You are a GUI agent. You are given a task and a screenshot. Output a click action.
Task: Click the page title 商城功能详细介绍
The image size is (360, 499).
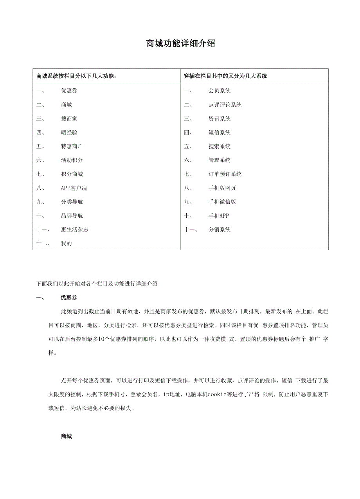tap(180, 44)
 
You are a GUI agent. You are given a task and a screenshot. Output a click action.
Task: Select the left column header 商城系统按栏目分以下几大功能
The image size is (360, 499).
tap(76, 76)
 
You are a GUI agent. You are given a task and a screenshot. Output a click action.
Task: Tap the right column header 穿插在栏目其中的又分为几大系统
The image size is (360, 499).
tap(226, 76)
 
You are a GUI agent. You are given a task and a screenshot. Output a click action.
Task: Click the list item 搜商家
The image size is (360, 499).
tap(69, 119)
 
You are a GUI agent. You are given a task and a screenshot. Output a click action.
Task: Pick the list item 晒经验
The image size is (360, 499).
tap(69, 133)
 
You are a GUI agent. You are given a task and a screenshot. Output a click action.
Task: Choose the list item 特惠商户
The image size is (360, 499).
tap(72, 146)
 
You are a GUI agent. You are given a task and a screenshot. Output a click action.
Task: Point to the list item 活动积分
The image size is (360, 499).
tap(72, 160)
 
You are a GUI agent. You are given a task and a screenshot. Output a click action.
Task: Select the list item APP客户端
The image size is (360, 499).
tap(74, 188)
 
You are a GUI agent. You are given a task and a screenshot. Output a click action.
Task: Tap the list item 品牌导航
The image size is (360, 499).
tap(72, 216)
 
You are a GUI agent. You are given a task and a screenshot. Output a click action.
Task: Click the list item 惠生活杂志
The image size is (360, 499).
tap(74, 230)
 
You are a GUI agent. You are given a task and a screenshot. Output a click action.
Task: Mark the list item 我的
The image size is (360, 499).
tap(66, 243)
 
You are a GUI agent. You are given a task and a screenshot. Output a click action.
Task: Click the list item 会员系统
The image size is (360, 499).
tap(220, 91)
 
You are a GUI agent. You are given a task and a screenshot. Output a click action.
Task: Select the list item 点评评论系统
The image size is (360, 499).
tap(225, 105)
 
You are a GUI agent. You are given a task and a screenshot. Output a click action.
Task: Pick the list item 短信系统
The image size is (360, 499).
tap(220, 133)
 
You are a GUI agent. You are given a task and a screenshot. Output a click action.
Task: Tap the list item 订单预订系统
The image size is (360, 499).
tap(225, 174)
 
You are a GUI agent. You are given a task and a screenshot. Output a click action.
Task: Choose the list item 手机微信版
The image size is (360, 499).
tap(222, 202)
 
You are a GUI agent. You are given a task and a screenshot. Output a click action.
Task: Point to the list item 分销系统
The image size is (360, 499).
tap(220, 230)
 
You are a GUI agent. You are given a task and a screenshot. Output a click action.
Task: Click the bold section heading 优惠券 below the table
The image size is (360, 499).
tap(69, 298)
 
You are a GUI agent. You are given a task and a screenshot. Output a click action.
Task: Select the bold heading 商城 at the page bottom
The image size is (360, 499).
tap(66, 436)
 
